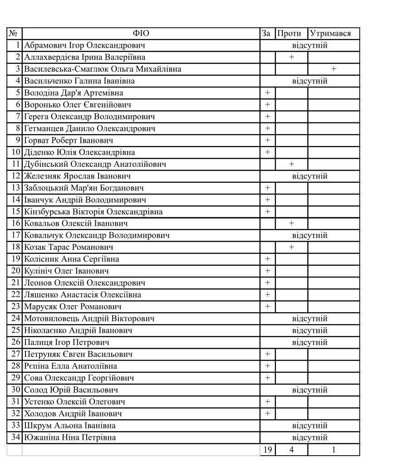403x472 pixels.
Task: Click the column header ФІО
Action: (x=141, y=34)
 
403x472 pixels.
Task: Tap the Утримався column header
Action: (x=330, y=34)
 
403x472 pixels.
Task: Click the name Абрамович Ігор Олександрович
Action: (x=84, y=45)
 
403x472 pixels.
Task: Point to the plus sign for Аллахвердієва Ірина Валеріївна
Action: (x=291, y=57)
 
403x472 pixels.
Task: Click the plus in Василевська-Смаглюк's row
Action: (x=334, y=69)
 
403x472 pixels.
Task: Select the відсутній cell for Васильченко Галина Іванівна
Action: (x=310, y=81)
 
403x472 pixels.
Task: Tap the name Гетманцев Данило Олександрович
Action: (x=90, y=128)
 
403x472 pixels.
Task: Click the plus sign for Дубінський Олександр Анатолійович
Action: (x=291, y=164)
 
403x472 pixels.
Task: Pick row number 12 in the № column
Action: (x=16, y=176)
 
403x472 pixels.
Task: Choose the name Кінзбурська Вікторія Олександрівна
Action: (x=93, y=212)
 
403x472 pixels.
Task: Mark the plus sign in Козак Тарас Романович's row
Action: (x=291, y=247)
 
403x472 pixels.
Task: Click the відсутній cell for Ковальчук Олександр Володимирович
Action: (x=310, y=235)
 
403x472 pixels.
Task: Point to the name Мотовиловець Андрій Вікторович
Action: (x=89, y=318)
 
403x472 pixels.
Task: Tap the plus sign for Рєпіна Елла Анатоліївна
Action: (x=267, y=366)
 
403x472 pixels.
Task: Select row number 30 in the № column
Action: (x=16, y=390)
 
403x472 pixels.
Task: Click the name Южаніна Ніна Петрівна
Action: (x=70, y=438)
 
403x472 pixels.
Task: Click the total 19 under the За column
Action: (x=267, y=450)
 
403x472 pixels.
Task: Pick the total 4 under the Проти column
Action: (x=291, y=450)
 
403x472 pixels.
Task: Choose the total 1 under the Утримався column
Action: (x=334, y=450)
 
